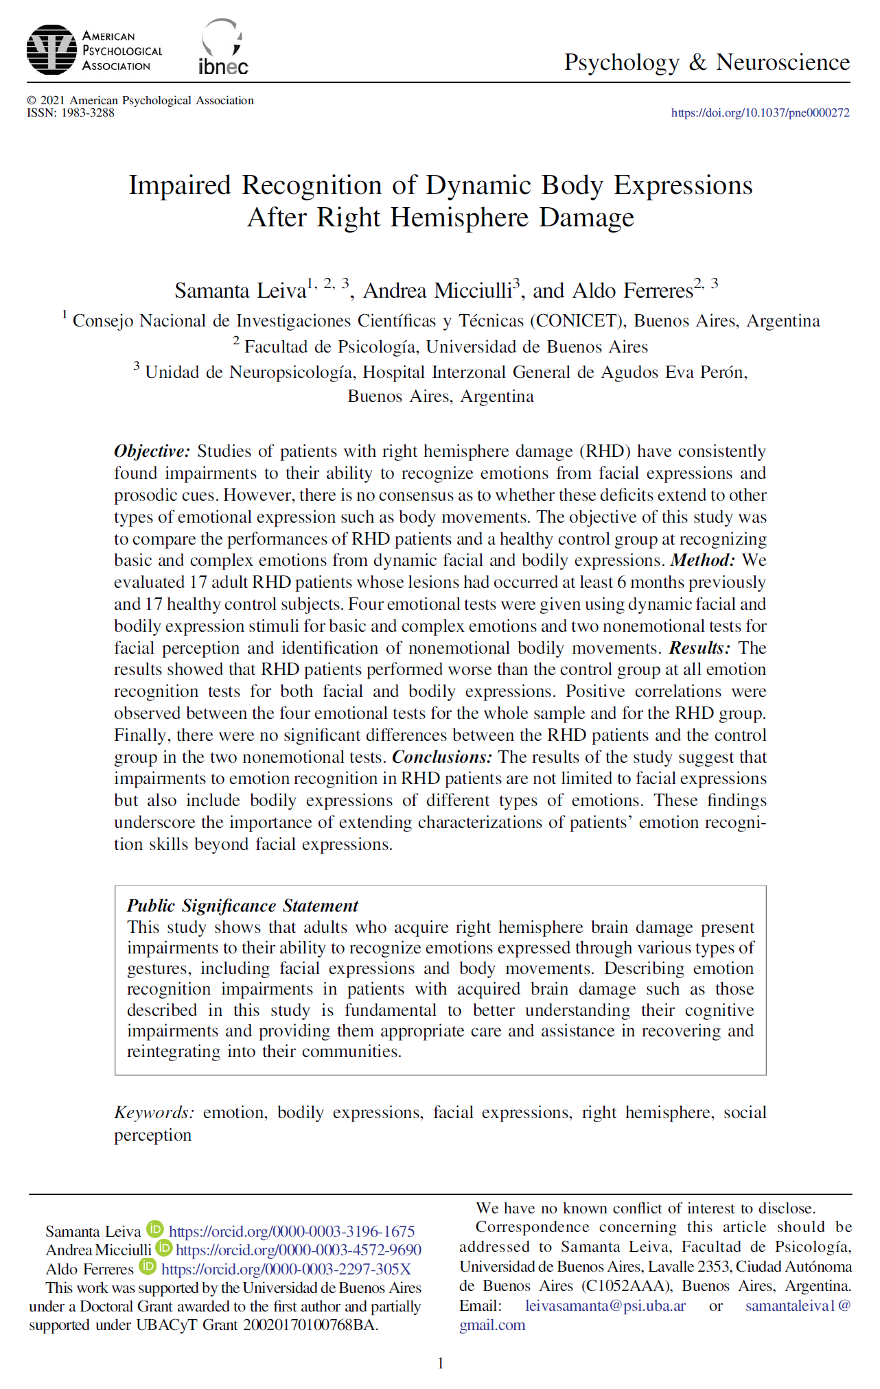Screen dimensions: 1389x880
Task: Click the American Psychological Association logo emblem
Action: [51, 50]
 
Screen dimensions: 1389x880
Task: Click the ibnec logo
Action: [223, 48]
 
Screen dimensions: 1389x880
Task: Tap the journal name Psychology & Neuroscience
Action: [706, 62]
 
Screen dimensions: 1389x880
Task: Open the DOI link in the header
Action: [760, 113]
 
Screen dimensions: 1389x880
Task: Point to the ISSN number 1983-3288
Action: [88, 113]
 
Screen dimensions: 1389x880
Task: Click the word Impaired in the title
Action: [180, 186]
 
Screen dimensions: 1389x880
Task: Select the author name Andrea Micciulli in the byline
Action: [437, 291]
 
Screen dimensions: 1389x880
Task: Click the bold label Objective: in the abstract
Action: [152, 451]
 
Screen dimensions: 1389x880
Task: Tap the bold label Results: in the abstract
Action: [699, 648]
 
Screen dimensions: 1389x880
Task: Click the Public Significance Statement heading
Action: [242, 906]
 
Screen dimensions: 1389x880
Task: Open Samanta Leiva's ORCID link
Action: [292, 1232]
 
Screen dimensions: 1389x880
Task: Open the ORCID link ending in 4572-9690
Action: [299, 1250]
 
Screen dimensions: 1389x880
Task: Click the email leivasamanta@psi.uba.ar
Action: [605, 1306]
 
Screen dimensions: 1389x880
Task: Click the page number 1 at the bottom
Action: [441, 1364]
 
